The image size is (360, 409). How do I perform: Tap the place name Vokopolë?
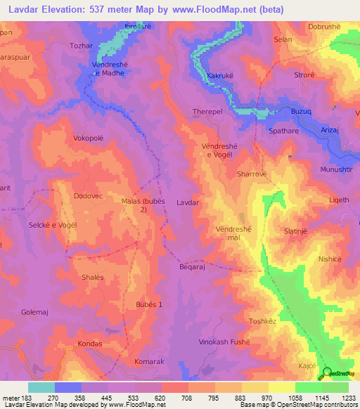click(88, 138)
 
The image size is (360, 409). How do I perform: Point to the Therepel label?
click(207, 112)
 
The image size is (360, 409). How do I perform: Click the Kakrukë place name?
click(221, 75)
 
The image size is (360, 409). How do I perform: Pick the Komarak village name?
click(148, 361)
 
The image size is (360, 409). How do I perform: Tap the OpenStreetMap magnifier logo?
click(326, 372)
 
